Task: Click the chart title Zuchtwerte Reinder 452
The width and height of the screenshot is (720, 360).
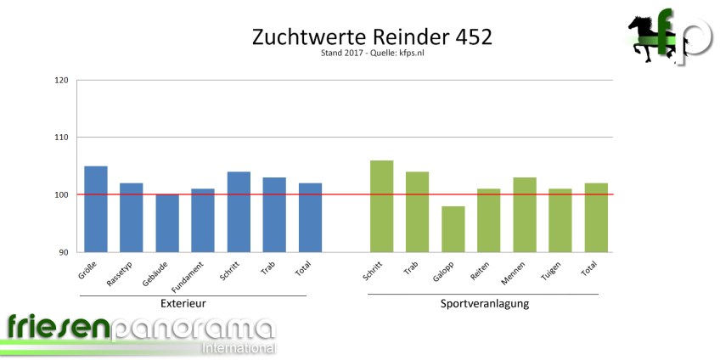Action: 372,38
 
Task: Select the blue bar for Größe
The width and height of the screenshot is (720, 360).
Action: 96,209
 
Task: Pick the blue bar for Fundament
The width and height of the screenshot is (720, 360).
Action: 203,220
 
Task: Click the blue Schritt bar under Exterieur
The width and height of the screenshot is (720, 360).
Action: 239,211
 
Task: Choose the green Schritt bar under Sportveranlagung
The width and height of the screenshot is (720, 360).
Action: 381,205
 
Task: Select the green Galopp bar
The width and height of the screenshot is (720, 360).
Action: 453,228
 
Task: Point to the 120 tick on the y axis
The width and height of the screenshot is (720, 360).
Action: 60,81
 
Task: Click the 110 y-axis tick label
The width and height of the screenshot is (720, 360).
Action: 60,138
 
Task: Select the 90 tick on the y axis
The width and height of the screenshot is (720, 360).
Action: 63,252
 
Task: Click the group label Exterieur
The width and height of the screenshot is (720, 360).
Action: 183,303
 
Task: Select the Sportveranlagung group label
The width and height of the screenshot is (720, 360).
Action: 485,303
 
